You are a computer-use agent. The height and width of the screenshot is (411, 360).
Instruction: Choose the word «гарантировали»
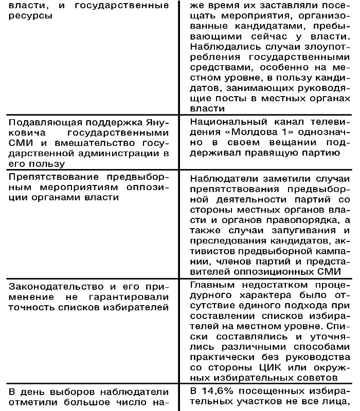click(x=130, y=297)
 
